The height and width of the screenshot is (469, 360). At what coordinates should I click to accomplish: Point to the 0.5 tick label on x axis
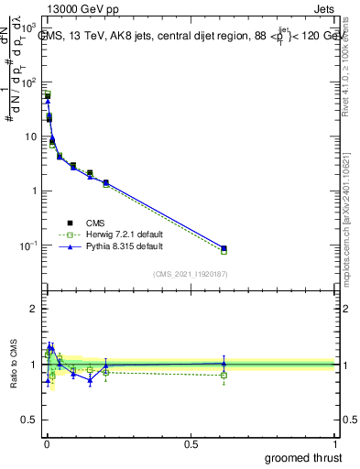(191, 442)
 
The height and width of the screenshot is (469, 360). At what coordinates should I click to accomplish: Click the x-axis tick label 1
(335, 442)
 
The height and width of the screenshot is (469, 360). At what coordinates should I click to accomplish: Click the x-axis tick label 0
(46, 442)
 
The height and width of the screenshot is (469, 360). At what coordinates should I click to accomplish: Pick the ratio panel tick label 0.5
(31, 421)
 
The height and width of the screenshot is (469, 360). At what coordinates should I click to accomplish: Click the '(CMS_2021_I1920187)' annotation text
(191, 274)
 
